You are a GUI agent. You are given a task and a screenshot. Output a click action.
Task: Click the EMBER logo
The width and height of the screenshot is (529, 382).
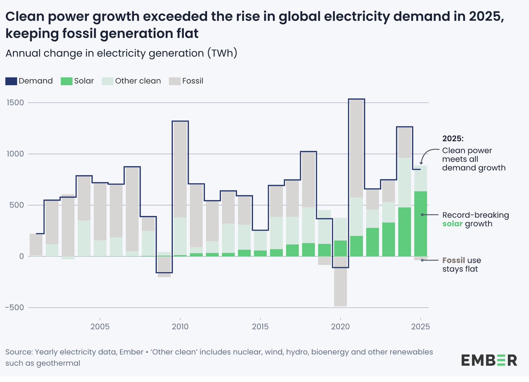click(x=489, y=360)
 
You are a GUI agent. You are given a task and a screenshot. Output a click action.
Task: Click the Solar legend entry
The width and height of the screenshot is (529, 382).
click(x=78, y=81)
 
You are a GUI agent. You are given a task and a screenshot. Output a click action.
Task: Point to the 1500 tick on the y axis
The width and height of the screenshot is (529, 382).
click(x=16, y=103)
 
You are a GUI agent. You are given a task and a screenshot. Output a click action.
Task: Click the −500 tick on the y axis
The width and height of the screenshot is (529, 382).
click(x=16, y=308)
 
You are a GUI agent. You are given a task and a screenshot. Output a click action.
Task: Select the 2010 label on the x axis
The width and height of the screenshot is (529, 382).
click(x=180, y=327)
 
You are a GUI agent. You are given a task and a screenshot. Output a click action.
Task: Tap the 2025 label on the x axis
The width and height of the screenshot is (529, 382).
click(x=421, y=327)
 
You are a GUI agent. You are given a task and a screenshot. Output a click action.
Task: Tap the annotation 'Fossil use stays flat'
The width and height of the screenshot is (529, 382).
click(x=460, y=264)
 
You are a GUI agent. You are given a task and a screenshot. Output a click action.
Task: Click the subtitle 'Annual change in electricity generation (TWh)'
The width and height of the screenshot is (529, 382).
click(x=121, y=54)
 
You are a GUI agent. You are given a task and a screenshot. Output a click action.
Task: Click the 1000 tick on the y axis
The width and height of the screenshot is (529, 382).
click(x=16, y=154)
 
